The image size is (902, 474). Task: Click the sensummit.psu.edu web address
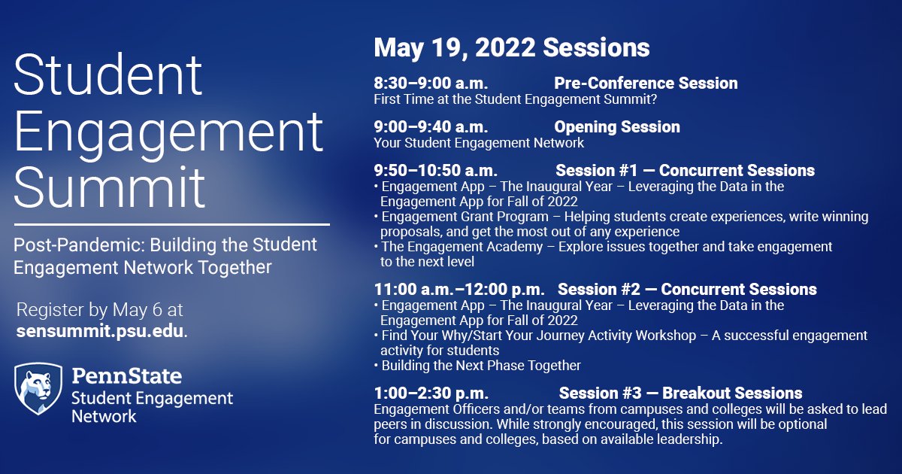(x=100, y=331)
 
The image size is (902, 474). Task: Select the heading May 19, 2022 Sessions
(x=511, y=48)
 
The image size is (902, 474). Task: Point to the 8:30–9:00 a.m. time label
(x=431, y=83)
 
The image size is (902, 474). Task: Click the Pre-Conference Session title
(x=646, y=83)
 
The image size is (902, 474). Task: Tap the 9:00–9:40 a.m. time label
(x=431, y=127)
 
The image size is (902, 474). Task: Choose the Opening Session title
(x=616, y=127)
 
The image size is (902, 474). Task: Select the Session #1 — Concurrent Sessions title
(x=685, y=171)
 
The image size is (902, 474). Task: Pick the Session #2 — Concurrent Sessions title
(x=687, y=290)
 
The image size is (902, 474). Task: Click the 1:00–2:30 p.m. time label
(x=431, y=393)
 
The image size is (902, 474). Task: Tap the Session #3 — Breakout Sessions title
(x=680, y=393)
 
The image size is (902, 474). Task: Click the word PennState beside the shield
(x=126, y=375)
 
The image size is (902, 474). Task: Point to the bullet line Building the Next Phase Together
(x=481, y=366)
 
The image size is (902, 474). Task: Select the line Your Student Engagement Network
(x=479, y=142)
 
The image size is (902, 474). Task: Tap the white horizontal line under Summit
(x=171, y=224)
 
